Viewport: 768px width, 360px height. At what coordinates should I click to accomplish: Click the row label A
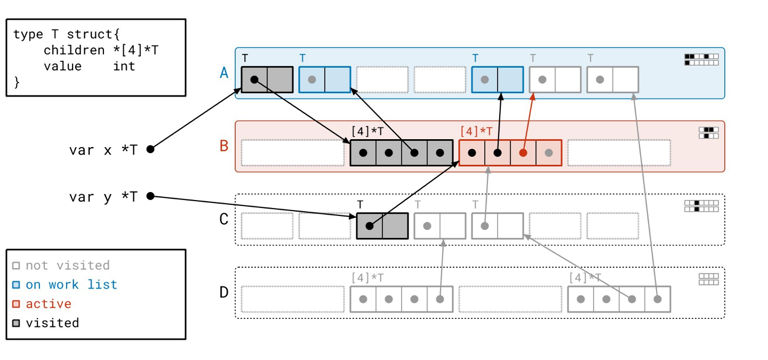pos(224,73)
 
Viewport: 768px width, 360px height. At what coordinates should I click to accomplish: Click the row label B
pos(224,146)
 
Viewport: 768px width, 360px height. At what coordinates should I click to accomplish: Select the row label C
pos(224,219)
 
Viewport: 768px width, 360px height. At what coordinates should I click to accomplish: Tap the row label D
pos(224,292)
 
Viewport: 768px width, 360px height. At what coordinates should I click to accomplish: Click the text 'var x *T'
pos(103,150)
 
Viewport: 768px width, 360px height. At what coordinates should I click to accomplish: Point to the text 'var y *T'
pos(103,197)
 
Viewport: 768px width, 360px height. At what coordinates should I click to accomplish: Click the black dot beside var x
pos(150,149)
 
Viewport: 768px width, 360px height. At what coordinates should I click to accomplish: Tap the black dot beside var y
pos(150,196)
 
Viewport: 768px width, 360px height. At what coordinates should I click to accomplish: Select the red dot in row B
pos(523,153)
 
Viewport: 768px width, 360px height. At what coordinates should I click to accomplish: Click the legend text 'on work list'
pos(71,285)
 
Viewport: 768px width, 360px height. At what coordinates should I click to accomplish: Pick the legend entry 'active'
pos(48,304)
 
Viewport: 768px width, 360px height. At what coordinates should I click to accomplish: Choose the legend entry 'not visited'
pos(67,266)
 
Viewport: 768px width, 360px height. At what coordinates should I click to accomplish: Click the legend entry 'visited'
pos(52,323)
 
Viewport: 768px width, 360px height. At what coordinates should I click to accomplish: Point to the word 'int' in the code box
pos(124,66)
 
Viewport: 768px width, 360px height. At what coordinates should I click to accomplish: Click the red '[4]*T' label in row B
pos(476,131)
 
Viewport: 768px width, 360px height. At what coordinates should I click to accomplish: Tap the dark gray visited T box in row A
pos(267,79)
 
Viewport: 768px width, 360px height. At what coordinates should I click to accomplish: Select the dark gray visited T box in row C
pos(382,226)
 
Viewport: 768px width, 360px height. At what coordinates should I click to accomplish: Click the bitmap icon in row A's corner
pos(701,59)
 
